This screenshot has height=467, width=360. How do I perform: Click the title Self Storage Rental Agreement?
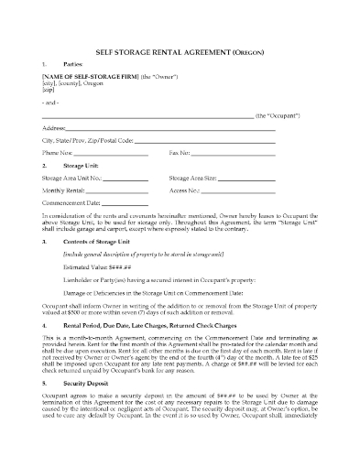pos(180,42)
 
